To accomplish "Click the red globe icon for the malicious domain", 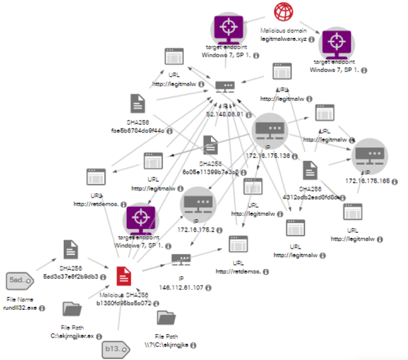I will click(x=282, y=12).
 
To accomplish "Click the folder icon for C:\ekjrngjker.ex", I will click(x=72, y=308).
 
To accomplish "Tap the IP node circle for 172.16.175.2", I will click(x=198, y=204).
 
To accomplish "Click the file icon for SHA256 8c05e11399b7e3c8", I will click(x=210, y=145).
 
